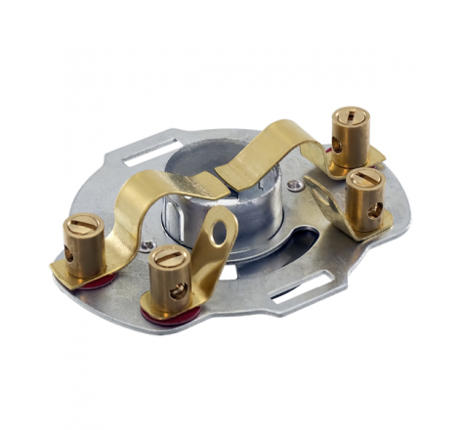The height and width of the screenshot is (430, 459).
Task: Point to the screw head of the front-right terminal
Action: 362,180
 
